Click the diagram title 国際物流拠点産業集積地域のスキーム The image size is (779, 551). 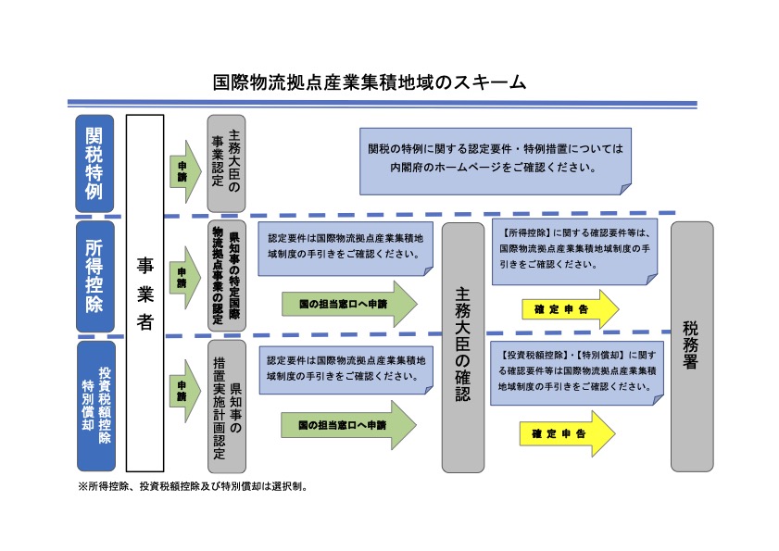(x=369, y=81)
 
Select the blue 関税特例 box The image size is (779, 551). (x=94, y=163)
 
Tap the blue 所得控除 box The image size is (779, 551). (x=94, y=275)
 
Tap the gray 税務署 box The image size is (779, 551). (x=692, y=346)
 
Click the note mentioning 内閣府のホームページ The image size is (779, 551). (x=495, y=159)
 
